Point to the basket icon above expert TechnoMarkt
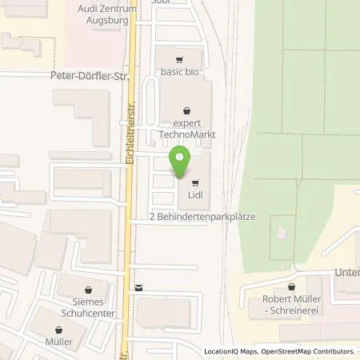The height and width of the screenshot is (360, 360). point(187,110)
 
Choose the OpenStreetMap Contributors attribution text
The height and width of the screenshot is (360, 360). point(313,351)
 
